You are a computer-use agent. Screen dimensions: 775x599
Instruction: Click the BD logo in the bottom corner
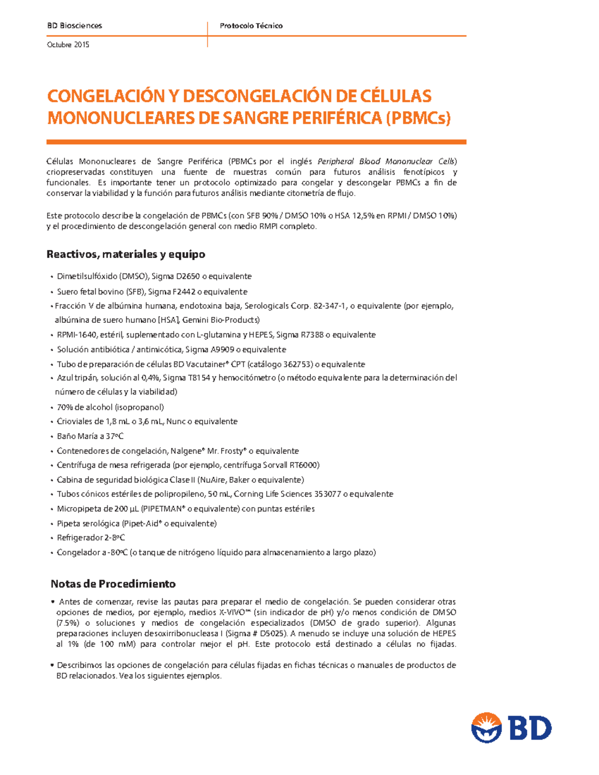[x=511, y=728]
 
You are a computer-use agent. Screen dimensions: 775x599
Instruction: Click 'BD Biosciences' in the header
[x=74, y=25]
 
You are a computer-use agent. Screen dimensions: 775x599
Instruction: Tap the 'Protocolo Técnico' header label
[x=251, y=25]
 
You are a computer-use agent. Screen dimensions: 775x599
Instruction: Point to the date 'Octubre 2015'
[x=68, y=44]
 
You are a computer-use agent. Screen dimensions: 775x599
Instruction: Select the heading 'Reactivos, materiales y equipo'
[x=126, y=255]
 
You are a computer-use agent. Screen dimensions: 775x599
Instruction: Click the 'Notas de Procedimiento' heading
[x=113, y=584]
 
